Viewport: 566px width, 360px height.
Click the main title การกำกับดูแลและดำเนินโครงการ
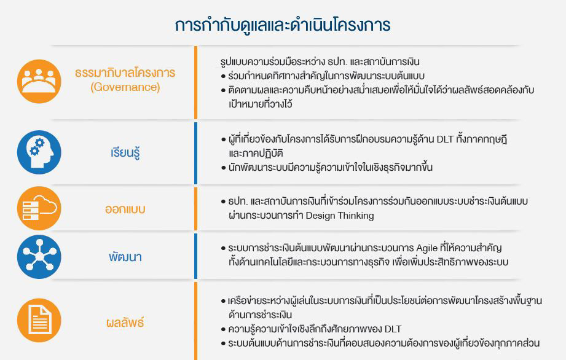click(x=283, y=25)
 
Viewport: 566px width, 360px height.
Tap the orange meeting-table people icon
click(x=39, y=81)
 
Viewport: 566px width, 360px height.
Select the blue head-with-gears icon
click(x=39, y=152)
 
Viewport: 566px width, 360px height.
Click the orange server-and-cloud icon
click(x=39, y=208)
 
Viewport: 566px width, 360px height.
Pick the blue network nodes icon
click(x=39, y=257)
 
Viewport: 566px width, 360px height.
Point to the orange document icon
click(x=39, y=320)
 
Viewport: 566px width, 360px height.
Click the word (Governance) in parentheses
click(x=125, y=87)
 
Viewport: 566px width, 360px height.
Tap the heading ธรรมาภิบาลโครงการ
click(x=125, y=72)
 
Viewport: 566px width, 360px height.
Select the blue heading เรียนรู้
click(x=125, y=152)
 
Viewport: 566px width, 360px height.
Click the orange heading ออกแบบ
click(x=125, y=209)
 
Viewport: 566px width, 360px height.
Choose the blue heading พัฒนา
click(x=125, y=257)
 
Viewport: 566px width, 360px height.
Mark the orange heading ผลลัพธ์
click(x=125, y=322)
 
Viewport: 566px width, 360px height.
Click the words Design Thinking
click(x=340, y=216)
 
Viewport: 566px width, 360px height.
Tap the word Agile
click(x=426, y=249)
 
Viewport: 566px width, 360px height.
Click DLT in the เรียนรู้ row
click(x=445, y=139)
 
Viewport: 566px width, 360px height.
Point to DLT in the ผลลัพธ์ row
click(x=393, y=329)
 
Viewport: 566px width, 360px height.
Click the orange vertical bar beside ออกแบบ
click(x=195, y=208)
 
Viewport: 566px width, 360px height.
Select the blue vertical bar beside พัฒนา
click(x=195, y=256)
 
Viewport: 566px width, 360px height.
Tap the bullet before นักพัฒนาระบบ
click(x=224, y=168)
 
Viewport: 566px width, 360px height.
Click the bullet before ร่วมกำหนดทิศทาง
click(x=224, y=76)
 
